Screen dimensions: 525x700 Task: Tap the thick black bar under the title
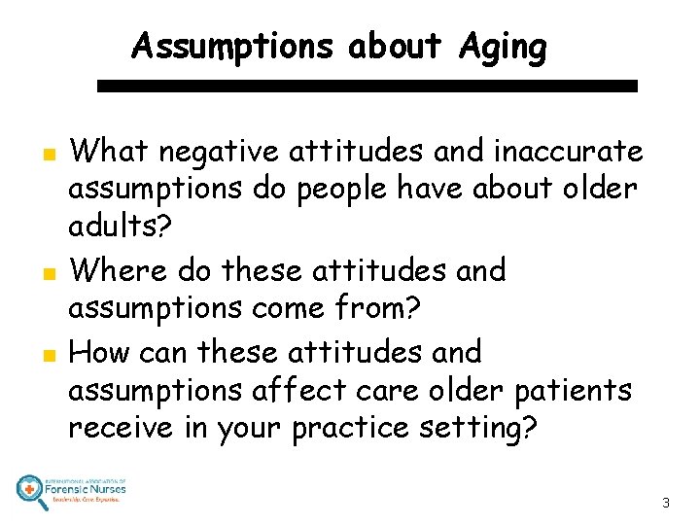368,86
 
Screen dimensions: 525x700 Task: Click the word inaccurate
569,152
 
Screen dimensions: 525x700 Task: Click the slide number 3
665,504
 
